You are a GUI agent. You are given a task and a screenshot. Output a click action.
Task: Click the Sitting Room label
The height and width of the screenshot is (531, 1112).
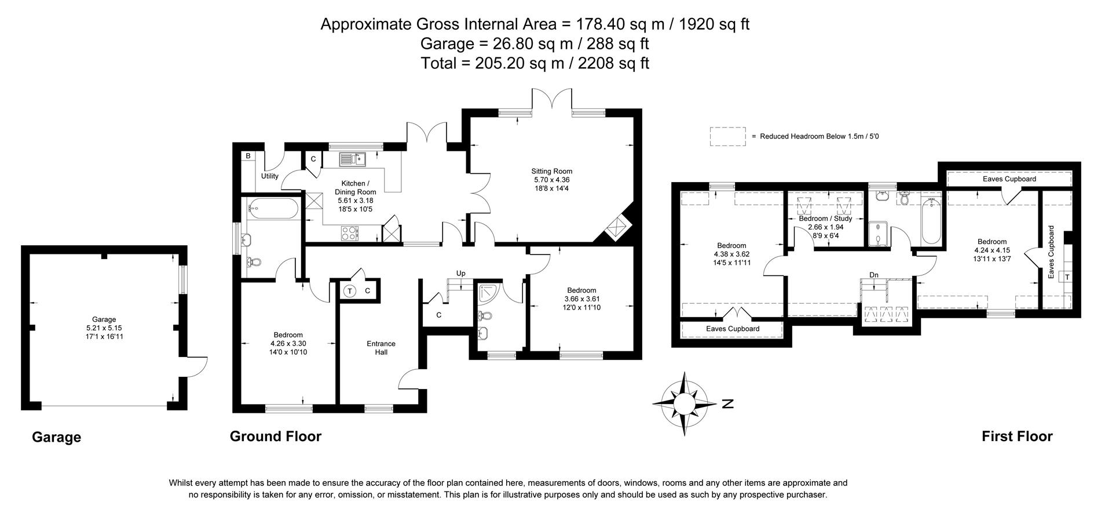(551, 171)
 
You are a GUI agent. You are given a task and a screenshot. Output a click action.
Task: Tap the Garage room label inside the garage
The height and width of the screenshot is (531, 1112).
(104, 319)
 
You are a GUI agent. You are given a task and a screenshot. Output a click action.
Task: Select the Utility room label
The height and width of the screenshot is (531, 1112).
(269, 176)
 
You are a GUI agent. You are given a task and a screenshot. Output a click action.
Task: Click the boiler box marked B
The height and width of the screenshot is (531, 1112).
(248, 156)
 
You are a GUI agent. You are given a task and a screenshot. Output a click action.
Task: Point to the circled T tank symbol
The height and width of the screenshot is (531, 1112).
(350, 291)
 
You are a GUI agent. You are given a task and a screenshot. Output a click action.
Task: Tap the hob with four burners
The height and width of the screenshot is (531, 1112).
(349, 233)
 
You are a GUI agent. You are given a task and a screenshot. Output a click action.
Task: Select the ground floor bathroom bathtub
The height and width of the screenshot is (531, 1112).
(273, 209)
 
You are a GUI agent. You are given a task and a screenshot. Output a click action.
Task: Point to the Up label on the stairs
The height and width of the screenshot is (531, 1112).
(460, 273)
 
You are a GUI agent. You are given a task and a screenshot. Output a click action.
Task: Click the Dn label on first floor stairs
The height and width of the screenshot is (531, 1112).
(873, 275)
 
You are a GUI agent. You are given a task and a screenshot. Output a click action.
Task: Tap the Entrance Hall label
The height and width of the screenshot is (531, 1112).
(381, 348)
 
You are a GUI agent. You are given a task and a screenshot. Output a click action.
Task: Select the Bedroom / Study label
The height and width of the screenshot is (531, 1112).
(825, 219)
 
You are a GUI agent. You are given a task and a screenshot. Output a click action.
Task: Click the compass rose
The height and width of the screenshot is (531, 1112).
(683, 403)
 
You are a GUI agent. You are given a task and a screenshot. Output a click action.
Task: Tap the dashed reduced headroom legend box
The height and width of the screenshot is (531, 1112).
(727, 136)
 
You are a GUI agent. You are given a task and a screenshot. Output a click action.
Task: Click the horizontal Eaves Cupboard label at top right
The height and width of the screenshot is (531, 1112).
(1009, 179)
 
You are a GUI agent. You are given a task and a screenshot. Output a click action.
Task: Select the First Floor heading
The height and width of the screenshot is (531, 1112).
(1016, 437)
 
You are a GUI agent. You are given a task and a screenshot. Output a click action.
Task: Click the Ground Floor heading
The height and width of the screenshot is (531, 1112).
(275, 437)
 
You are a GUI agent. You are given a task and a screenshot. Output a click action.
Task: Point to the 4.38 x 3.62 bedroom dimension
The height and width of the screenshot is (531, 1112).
(731, 254)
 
